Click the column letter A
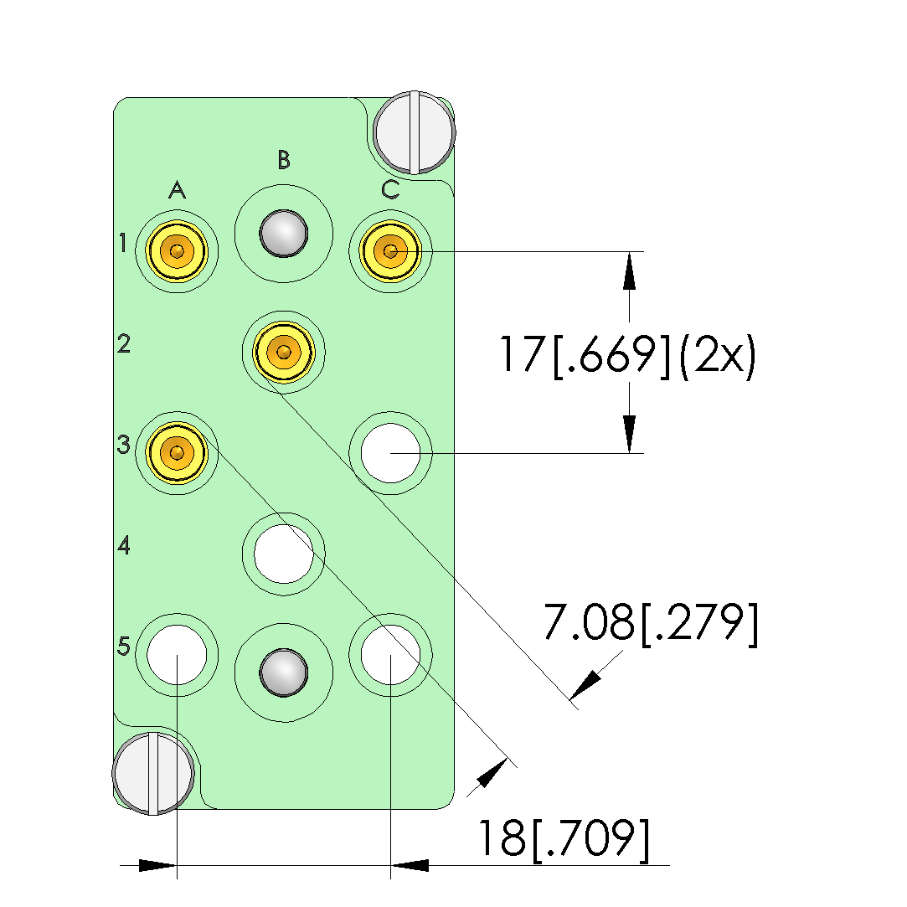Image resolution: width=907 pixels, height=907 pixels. coord(177,189)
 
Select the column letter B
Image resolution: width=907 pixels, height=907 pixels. coord(283,159)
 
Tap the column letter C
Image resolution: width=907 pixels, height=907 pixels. coord(390,189)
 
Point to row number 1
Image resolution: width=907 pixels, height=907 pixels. coord(122,243)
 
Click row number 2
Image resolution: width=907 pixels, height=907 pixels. coord(124,343)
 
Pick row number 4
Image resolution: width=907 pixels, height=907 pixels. coord(124,545)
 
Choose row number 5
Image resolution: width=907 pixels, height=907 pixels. coord(124,646)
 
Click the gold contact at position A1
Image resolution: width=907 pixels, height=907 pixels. coord(177,251)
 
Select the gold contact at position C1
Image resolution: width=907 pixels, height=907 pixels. coord(390,251)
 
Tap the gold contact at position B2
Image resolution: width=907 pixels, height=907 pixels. coord(283,352)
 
